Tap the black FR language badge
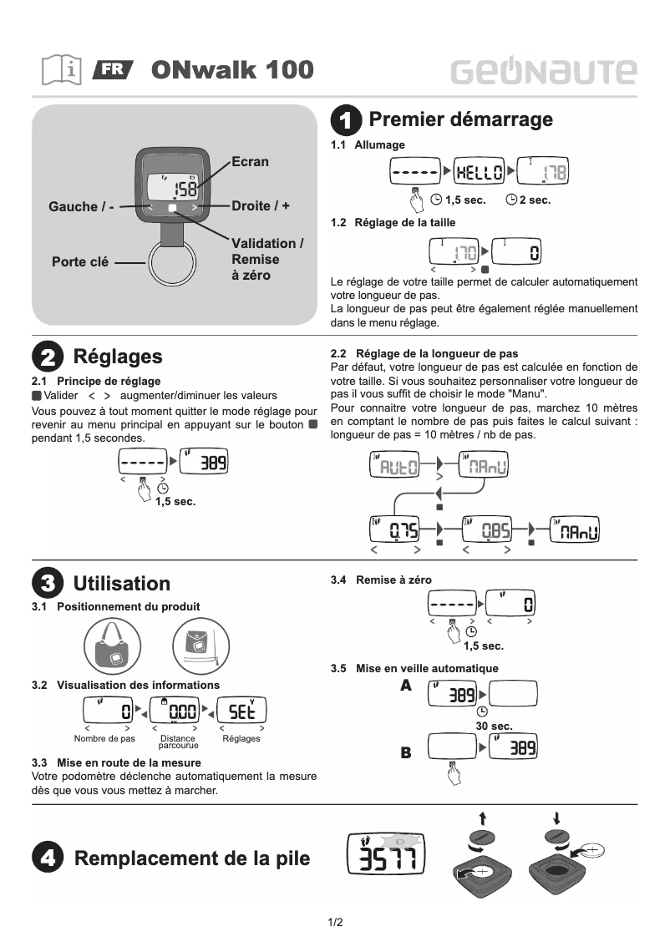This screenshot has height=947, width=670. click(113, 69)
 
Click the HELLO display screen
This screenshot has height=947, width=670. click(479, 173)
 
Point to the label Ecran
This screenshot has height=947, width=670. click(250, 161)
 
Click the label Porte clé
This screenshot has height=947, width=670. click(80, 261)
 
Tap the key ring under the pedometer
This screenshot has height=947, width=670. click(174, 263)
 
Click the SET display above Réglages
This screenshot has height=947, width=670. click(241, 711)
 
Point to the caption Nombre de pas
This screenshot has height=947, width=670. click(104, 739)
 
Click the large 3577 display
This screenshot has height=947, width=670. click(386, 854)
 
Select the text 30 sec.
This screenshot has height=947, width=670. click(494, 727)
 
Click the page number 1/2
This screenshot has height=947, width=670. click(335, 922)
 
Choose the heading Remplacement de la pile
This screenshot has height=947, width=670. click(192, 858)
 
